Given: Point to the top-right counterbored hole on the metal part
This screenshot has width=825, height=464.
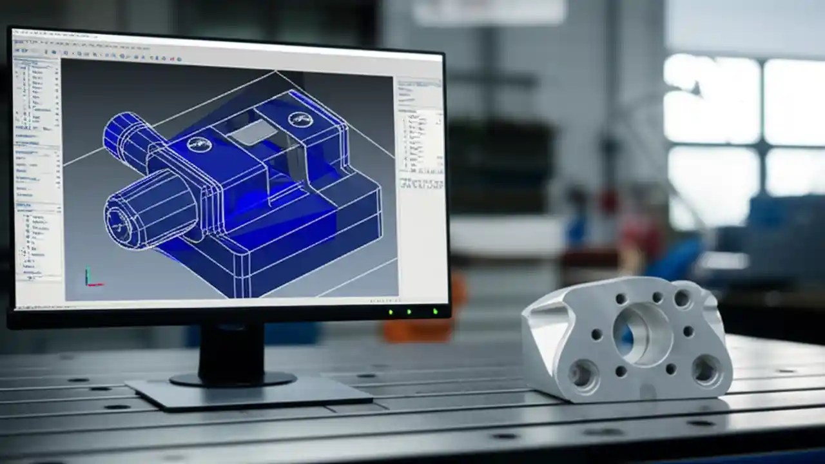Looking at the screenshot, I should (682, 298).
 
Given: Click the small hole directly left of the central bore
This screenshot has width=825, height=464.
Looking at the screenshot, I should (597, 334).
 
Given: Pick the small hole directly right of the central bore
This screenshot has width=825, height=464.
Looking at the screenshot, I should (688, 331).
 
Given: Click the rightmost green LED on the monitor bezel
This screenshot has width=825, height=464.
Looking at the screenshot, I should (435, 312).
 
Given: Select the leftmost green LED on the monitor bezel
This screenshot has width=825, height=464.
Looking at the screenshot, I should (391, 313).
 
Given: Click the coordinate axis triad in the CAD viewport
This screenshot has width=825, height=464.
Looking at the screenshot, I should (90, 277).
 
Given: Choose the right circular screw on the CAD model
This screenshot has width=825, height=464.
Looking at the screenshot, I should (299, 119).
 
